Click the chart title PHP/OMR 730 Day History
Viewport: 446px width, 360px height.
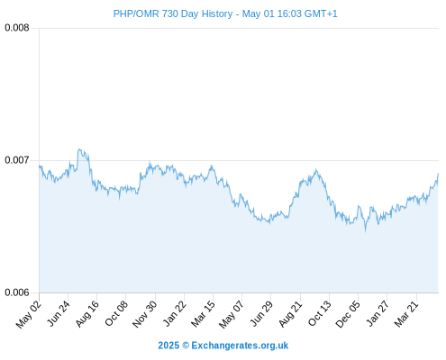click(173, 13)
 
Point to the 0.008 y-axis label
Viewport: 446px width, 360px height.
click(17, 28)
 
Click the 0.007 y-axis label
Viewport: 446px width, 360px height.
click(17, 160)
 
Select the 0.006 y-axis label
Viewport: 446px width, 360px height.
click(17, 292)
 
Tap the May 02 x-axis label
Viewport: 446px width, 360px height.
click(29, 314)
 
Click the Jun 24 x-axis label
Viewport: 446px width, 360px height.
click(59, 313)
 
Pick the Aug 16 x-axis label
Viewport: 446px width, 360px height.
click(87, 314)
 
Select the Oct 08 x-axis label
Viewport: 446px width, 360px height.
click(116, 313)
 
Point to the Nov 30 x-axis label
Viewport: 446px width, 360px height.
click(145, 314)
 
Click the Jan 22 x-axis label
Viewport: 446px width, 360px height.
click(175, 313)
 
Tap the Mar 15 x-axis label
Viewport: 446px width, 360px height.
click(204, 314)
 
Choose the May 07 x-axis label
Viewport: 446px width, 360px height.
click(232, 314)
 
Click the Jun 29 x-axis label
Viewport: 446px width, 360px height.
click(261, 313)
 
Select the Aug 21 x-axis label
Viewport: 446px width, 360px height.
click(290, 314)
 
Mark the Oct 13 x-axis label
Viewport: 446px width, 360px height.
click(320, 313)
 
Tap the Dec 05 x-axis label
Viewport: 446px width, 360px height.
click(348, 314)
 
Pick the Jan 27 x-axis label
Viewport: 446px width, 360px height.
click(378, 313)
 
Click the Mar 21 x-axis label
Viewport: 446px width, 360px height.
click(406, 314)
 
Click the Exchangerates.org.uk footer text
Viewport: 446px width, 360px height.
click(240, 346)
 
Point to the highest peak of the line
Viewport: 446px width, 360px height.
click(79, 149)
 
